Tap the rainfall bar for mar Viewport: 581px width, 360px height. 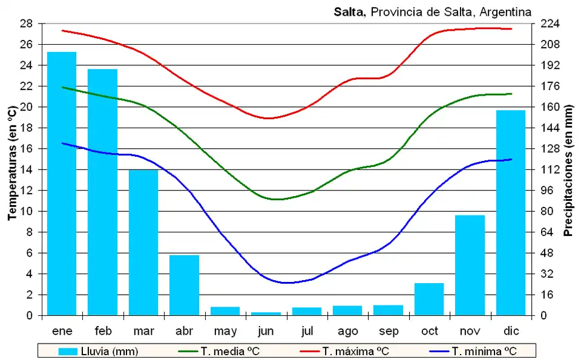click(143, 242)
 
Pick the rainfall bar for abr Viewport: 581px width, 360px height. click(184, 285)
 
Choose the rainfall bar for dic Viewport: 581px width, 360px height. click(511, 212)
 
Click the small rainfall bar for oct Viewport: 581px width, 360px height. click(429, 299)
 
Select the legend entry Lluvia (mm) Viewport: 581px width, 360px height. click(97, 351)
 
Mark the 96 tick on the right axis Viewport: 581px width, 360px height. click(546, 191)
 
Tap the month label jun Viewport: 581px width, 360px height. click(266, 331)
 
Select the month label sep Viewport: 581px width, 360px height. click(389, 331)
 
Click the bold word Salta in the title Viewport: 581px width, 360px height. click(349, 11)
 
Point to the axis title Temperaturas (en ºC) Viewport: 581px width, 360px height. click(11, 163)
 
